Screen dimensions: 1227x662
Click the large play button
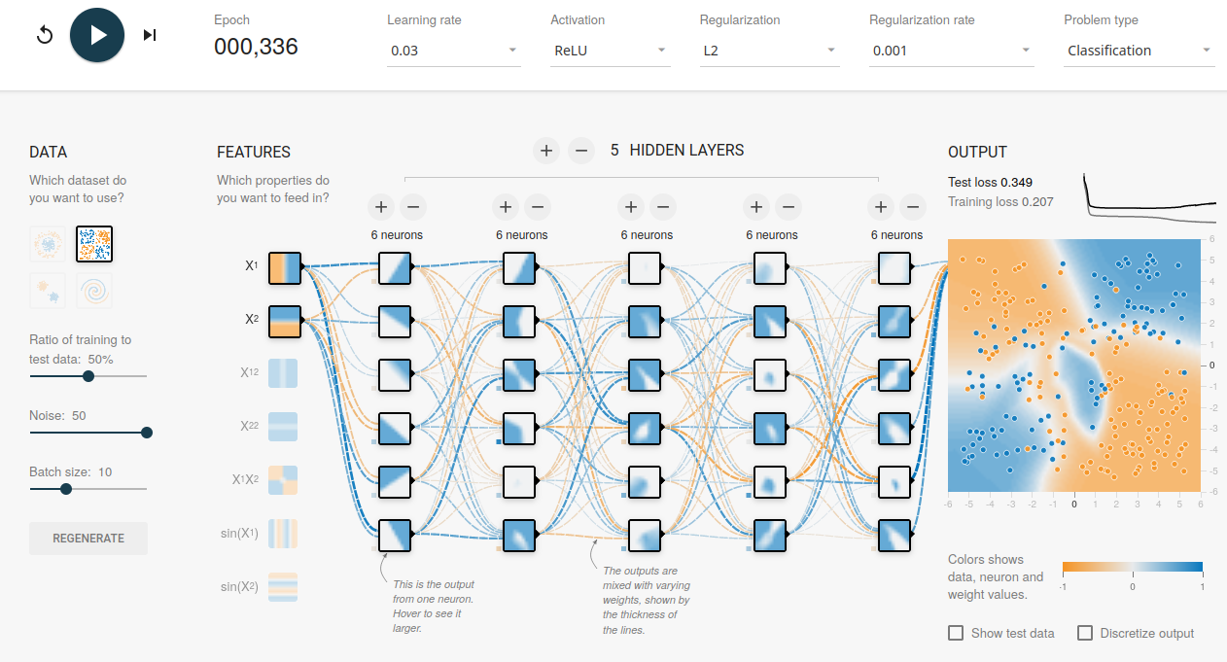coord(97,35)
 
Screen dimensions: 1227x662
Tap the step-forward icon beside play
coord(150,35)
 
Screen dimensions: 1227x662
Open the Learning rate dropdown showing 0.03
coord(453,51)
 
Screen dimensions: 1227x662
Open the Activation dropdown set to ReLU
coord(611,51)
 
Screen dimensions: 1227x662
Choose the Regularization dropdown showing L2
coord(770,51)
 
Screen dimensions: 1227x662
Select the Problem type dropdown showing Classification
coord(1139,51)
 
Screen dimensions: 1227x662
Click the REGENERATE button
coord(88,539)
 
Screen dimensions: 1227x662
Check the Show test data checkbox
coord(956,633)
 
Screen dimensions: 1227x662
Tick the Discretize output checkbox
coord(1085,633)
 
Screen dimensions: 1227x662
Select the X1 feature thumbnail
coord(285,268)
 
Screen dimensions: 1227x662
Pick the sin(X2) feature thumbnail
coord(283,587)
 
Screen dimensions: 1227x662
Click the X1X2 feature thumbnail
coord(283,480)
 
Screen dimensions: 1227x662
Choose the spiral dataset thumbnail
coord(94,291)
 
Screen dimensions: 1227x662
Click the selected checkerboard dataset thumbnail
coord(94,244)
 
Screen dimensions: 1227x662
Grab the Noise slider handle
coord(146,433)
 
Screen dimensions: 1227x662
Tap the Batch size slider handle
coord(66,489)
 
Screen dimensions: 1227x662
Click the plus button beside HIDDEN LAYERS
coord(546,151)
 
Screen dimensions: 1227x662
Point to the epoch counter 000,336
coord(256,47)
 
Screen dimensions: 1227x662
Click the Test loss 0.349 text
coord(991,183)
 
